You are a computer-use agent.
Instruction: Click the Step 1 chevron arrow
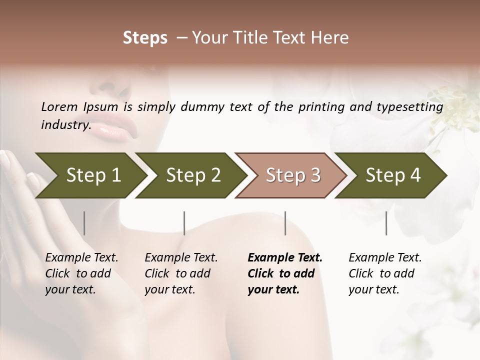tap(93, 175)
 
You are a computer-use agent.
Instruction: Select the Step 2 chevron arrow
tap(193, 175)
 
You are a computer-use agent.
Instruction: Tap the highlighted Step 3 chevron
tap(293, 175)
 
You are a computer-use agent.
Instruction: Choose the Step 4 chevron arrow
tap(393, 175)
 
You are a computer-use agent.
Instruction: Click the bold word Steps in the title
tap(145, 38)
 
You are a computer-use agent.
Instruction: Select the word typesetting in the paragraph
tap(412, 107)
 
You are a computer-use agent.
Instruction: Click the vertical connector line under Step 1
tap(84, 223)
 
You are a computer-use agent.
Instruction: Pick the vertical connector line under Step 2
tap(184, 223)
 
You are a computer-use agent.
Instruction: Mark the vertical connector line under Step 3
tap(285, 223)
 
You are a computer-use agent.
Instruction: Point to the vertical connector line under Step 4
tap(386, 223)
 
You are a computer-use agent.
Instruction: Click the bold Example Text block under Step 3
tap(284, 273)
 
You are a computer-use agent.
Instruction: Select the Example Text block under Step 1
tap(81, 273)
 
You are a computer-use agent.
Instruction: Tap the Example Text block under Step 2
tap(180, 273)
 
